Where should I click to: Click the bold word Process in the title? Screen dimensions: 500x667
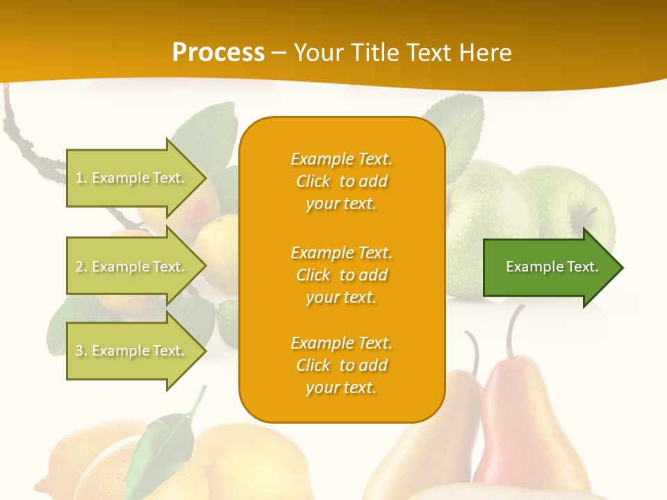coord(218,53)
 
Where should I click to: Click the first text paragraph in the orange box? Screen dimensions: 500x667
coord(341,181)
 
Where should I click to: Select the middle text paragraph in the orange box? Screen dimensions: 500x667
coord(341,274)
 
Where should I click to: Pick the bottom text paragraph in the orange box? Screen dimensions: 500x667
coord(341,365)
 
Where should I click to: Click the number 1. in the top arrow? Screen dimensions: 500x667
coord(81,178)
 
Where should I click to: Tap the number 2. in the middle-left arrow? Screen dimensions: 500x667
coord(81,267)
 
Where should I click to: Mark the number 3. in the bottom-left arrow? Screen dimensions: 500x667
coord(81,351)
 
